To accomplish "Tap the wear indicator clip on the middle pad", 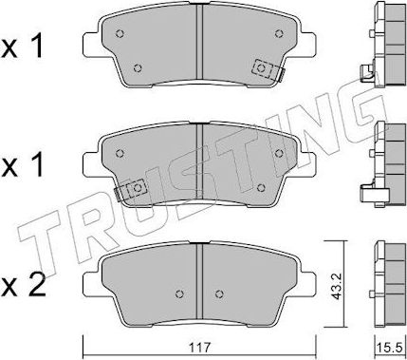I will [x=131, y=190].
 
